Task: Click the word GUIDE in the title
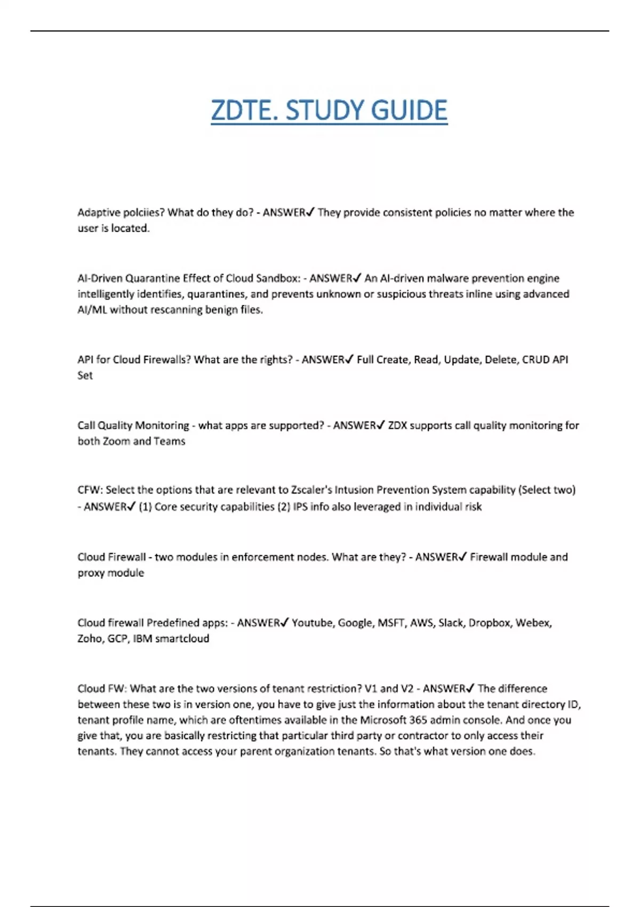pos(409,110)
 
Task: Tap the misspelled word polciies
pos(143,212)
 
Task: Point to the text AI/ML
pos(92,309)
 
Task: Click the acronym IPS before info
pos(300,506)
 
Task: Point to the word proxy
pos(92,572)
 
